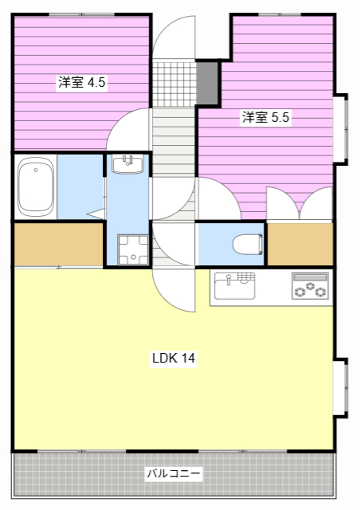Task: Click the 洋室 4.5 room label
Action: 81,82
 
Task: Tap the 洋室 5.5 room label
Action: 265,117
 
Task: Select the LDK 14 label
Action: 174,358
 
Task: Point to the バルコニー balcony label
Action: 174,473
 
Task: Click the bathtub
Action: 36,186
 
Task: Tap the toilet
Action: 248,244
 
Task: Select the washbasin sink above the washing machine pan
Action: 127,164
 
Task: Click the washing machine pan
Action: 133,249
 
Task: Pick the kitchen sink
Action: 234,286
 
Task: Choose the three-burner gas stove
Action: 311,285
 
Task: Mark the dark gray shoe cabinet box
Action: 207,83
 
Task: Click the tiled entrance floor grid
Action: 174,83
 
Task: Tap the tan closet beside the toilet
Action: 300,244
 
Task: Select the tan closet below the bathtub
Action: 58,244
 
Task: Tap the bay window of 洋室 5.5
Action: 340,129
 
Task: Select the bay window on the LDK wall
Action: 340,387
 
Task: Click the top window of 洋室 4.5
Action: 81,14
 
